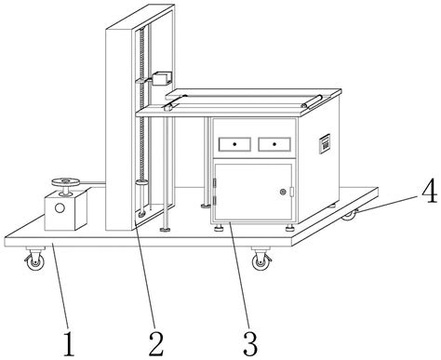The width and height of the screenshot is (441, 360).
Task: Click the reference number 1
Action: point(69,343)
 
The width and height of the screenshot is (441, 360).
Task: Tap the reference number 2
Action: point(156,343)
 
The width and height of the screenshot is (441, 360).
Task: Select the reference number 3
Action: point(250,343)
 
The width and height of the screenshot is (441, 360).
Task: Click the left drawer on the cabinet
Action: point(234,144)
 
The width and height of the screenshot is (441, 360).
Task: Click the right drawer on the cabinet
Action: point(274,144)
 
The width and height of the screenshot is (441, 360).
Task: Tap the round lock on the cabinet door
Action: point(283,192)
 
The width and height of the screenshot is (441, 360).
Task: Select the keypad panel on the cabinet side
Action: point(325,144)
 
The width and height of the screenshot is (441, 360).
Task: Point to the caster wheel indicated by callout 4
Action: point(350,215)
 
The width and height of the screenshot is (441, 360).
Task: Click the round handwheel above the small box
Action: point(66,182)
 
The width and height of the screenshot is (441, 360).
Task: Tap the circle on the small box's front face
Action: point(60,207)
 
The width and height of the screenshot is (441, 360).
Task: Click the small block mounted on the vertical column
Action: point(162,78)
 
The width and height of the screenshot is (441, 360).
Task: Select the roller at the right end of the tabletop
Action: point(312,101)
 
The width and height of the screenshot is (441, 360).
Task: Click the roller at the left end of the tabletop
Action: point(175,102)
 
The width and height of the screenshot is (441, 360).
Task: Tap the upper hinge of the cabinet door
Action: point(214,183)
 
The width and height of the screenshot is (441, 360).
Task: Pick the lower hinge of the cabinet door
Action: point(214,200)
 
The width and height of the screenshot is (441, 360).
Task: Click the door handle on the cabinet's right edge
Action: point(291,192)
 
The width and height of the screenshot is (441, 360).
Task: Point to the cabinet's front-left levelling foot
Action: point(220,229)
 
